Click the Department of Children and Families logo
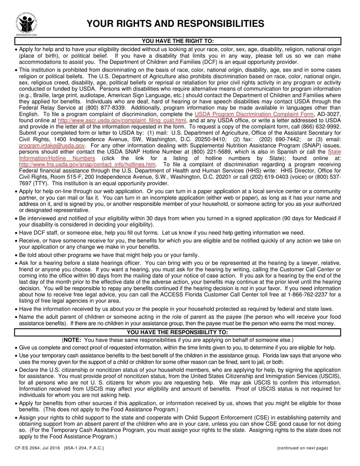[x=27, y=23]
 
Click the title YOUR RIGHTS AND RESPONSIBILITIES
[x=175, y=24]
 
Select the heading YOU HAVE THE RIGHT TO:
[x=178, y=41]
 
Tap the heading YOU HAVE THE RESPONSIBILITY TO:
[x=177, y=332]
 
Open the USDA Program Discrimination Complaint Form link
[x=254, y=114]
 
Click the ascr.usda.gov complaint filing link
[x=122, y=120]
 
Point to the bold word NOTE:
[x=73, y=340]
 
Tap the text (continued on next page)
[x=302, y=448]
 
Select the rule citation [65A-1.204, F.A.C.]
[x=84, y=448]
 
